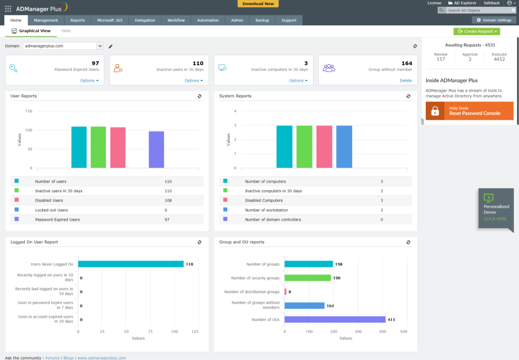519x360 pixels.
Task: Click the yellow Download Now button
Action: [258, 4]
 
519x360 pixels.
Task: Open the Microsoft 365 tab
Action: [110, 20]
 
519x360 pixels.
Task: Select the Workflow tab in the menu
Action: [176, 20]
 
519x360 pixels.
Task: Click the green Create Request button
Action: [476, 32]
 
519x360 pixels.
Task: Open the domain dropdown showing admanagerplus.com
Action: [100, 46]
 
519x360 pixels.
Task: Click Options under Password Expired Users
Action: [90, 80]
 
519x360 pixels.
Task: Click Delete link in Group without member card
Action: [406, 80]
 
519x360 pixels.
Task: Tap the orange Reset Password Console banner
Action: [469, 111]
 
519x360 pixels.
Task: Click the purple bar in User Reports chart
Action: [156, 150]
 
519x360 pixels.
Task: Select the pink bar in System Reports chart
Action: [324, 147]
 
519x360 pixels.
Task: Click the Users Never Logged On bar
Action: [131, 264]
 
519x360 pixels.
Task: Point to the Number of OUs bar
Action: [335, 319]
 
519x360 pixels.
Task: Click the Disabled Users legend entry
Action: [49, 200]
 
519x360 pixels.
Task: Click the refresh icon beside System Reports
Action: [408, 96]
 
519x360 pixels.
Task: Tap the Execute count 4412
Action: [499, 59]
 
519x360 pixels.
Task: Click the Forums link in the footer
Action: [52, 358]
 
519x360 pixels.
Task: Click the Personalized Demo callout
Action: [496, 209]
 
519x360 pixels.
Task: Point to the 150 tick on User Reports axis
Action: [29, 111]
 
